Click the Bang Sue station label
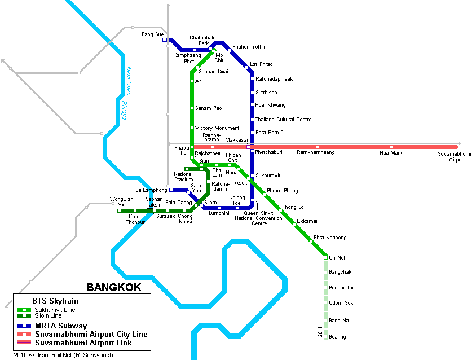coord(152,34)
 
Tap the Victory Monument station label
coord(217,128)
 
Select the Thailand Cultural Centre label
coord(283,120)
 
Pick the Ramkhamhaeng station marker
coord(317,147)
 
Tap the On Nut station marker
coord(325,258)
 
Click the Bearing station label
coord(337,337)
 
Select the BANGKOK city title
coord(113,288)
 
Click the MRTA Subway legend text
coord(61,326)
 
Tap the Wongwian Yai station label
coord(122,202)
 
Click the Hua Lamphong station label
coord(149,190)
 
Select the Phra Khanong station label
coord(330,238)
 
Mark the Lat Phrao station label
coord(261,64)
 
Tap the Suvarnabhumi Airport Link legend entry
coord(83,343)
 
